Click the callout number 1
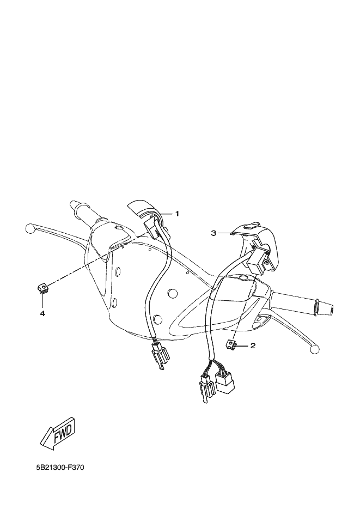click(x=177, y=214)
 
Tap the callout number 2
click(x=253, y=346)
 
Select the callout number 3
click(x=213, y=233)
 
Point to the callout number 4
click(x=42, y=313)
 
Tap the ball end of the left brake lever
click(x=29, y=228)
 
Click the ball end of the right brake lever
click(x=313, y=349)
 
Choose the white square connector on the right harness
click(x=225, y=381)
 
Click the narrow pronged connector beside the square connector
click(x=206, y=387)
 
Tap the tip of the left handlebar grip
click(x=72, y=204)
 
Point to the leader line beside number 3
click(x=224, y=233)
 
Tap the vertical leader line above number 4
click(x=42, y=301)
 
